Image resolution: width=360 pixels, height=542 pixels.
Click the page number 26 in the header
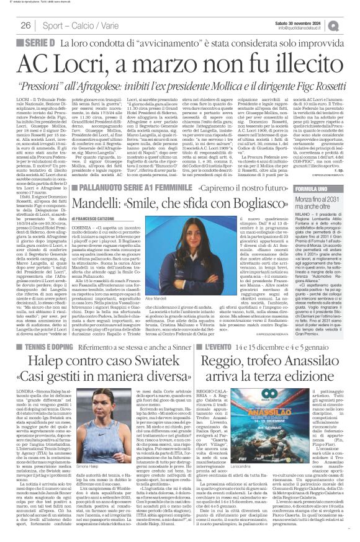26,25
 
